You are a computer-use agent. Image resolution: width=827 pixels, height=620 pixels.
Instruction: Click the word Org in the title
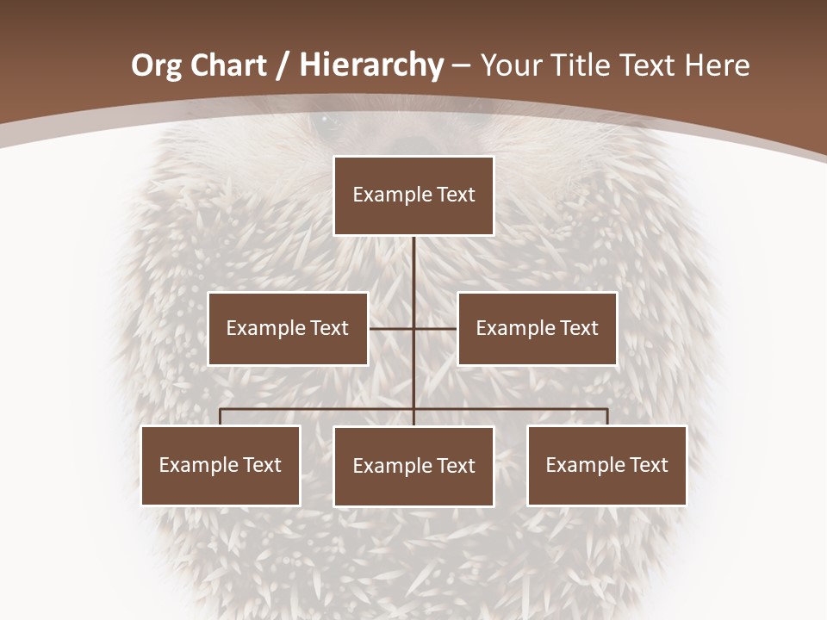[x=158, y=65]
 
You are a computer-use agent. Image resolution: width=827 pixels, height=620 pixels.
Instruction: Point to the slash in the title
[x=282, y=65]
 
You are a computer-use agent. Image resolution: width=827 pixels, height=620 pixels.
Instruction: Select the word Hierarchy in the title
[x=371, y=65]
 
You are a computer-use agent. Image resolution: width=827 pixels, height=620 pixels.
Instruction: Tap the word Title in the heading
[x=582, y=65]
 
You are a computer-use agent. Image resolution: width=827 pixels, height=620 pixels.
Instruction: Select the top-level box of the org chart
[x=413, y=195]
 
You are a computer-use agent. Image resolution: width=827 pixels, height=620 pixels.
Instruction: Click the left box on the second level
[x=288, y=328]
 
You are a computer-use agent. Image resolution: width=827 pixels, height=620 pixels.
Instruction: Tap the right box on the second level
[x=537, y=328]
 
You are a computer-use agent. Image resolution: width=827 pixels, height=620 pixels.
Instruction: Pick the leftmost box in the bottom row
[x=221, y=465]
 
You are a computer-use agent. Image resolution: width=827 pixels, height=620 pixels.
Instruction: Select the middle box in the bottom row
[x=413, y=466]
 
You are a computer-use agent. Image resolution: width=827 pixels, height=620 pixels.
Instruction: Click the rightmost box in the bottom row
[x=606, y=465]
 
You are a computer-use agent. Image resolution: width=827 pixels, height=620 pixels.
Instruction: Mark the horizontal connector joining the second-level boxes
[x=392, y=328]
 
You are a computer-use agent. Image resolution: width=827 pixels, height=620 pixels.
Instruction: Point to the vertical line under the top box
[x=413, y=276]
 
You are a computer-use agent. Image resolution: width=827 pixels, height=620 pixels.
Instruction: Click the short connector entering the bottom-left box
[x=221, y=417]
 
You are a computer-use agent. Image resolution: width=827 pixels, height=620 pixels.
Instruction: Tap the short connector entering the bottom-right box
[x=607, y=417]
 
